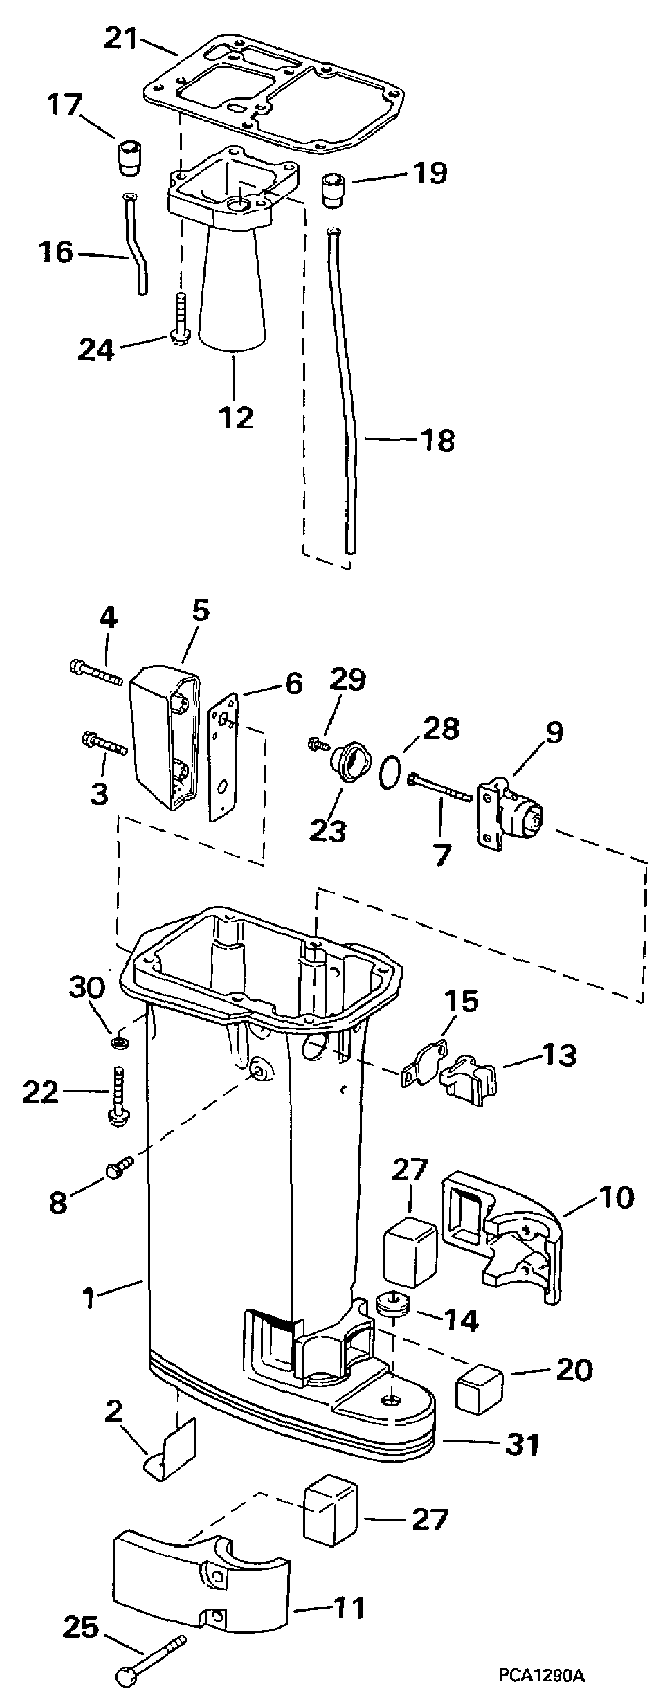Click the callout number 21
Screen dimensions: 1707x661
coord(122,39)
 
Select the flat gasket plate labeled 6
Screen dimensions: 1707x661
coord(224,756)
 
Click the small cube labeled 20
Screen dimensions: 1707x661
coord(479,1387)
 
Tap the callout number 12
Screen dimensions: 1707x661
coord(237,418)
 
